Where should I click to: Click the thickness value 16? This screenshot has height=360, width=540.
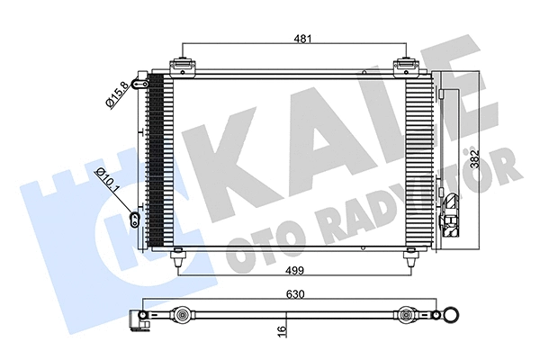283,330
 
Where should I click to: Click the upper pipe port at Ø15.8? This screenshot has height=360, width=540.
139,83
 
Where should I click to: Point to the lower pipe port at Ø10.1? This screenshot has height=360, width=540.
135,217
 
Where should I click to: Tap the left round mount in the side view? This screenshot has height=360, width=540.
183,315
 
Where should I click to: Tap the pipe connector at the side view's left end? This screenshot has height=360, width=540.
141,317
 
